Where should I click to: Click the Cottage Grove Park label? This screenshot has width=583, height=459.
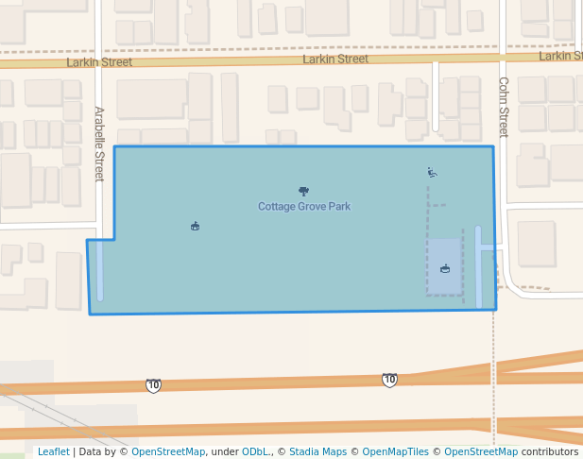[304, 206]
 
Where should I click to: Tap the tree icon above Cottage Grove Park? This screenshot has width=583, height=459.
[303, 191]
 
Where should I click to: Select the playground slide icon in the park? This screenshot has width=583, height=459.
[432, 173]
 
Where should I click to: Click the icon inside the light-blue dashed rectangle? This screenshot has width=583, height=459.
[445, 269]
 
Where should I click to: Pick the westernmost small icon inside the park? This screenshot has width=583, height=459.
[195, 226]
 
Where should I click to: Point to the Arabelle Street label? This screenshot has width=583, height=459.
[99, 144]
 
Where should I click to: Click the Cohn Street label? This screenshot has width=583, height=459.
[503, 107]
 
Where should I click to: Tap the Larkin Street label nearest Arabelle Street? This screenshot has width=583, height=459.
[99, 62]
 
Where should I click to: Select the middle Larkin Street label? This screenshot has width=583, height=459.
[335, 59]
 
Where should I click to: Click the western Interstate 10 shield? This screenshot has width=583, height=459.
[153, 385]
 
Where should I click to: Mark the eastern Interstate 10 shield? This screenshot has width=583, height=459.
[389, 380]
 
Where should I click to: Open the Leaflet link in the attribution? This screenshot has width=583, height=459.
[53, 451]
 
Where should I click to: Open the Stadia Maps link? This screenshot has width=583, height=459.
[317, 451]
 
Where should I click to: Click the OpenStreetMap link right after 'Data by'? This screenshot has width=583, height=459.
[168, 451]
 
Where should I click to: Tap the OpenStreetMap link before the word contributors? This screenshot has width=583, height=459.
[481, 451]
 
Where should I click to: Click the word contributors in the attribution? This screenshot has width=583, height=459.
[550, 451]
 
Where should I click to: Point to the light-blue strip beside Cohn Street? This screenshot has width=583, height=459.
[479, 267]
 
